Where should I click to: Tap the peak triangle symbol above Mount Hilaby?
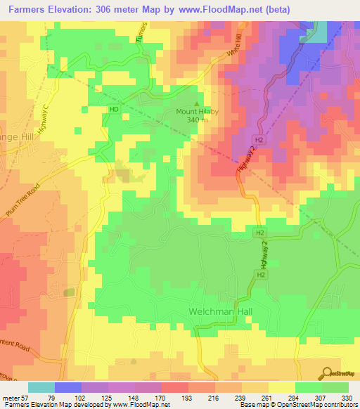[x=196, y=103]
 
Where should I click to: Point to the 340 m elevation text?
[x=197, y=120]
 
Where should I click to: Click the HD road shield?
[x=114, y=109]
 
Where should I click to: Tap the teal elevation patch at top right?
[x=319, y=32]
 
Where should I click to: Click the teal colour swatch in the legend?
[x=41, y=387]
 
